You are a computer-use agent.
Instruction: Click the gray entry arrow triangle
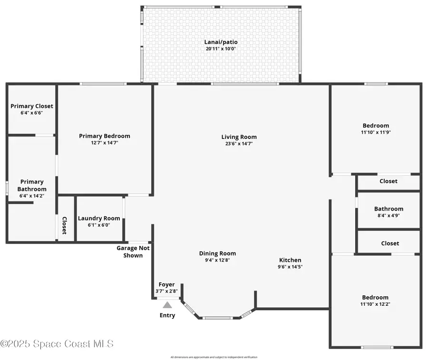click(167, 305)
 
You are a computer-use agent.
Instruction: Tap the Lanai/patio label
click(221, 42)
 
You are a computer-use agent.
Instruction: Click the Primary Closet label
click(32, 106)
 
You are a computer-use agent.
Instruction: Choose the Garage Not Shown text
click(133, 252)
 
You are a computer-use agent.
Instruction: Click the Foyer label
click(166, 284)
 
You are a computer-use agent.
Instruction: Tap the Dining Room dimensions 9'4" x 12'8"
click(217, 260)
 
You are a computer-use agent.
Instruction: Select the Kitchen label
click(290, 260)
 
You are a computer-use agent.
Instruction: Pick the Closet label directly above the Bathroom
click(389, 181)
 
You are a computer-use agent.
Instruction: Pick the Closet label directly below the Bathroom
click(390, 243)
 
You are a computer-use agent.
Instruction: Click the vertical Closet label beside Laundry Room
click(64, 225)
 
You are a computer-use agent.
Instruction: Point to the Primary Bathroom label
click(32, 185)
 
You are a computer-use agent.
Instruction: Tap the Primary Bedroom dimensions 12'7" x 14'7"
click(105, 142)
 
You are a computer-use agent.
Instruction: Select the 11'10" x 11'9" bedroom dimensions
click(376, 132)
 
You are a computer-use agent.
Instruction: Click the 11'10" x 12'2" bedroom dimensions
click(376, 304)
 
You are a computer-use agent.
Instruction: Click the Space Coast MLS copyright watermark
click(57, 343)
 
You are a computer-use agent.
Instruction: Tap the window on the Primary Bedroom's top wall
click(103, 84)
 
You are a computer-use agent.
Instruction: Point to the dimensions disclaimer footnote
click(214, 357)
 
